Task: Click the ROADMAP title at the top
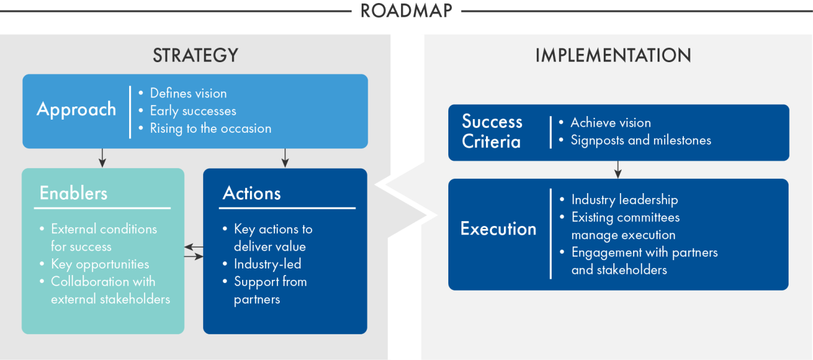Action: [x=406, y=11]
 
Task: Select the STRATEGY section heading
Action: [x=195, y=56]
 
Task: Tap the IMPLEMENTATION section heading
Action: [x=613, y=56]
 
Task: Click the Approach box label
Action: [x=77, y=109]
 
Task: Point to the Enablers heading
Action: [x=74, y=193]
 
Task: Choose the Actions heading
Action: [x=252, y=193]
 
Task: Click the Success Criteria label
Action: [x=492, y=132]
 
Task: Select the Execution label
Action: [x=498, y=228]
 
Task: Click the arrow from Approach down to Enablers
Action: [x=102, y=158]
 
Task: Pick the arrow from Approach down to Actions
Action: [x=285, y=158]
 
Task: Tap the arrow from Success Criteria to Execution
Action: [x=618, y=169]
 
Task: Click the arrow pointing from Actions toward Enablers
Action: [x=194, y=247]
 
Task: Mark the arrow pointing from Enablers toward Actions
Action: [x=194, y=257]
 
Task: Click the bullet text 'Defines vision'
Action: [x=188, y=93]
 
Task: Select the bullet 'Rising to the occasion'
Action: [x=210, y=129]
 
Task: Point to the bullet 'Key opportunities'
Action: [x=100, y=264]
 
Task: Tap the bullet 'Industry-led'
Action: [x=267, y=264]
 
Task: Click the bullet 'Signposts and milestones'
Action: [x=641, y=141]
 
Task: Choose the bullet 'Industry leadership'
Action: [x=625, y=200]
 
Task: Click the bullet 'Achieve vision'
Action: [x=610, y=123]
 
